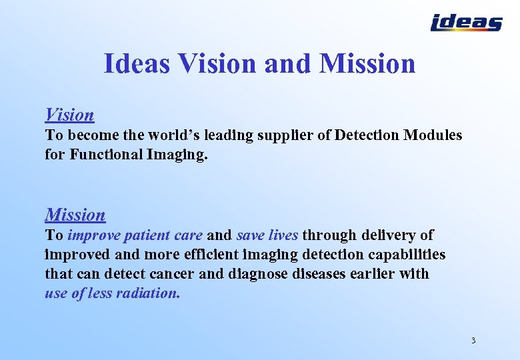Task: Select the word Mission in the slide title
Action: (x=367, y=63)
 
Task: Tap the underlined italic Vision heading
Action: (x=69, y=115)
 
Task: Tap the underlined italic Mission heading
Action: (x=75, y=215)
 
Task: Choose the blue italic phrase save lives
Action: (x=267, y=235)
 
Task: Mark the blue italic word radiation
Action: (x=150, y=293)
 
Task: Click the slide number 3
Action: (x=473, y=341)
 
